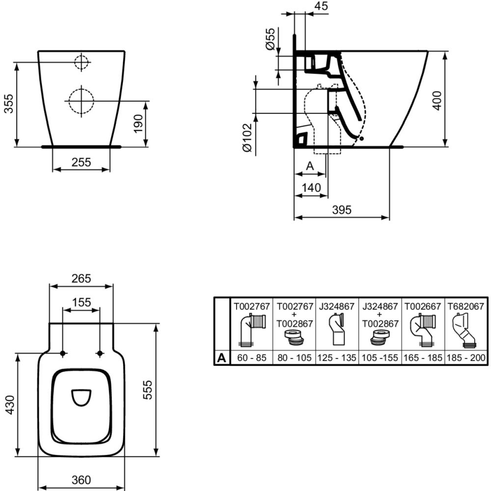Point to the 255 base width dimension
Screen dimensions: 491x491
(x=81, y=162)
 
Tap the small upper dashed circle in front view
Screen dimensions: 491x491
(x=81, y=62)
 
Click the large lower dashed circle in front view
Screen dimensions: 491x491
(x=81, y=101)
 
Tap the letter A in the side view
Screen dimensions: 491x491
(x=310, y=166)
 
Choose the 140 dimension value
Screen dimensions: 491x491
(x=311, y=188)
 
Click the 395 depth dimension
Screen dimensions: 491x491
(x=342, y=210)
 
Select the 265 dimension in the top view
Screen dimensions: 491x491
(x=81, y=278)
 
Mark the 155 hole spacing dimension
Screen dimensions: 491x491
(x=81, y=302)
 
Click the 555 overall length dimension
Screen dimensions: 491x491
(x=148, y=390)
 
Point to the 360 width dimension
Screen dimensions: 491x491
(x=81, y=480)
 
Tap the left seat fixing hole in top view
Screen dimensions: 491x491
(x=63, y=354)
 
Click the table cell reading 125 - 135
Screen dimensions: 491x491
(x=336, y=358)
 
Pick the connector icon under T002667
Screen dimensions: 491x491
(x=423, y=330)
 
